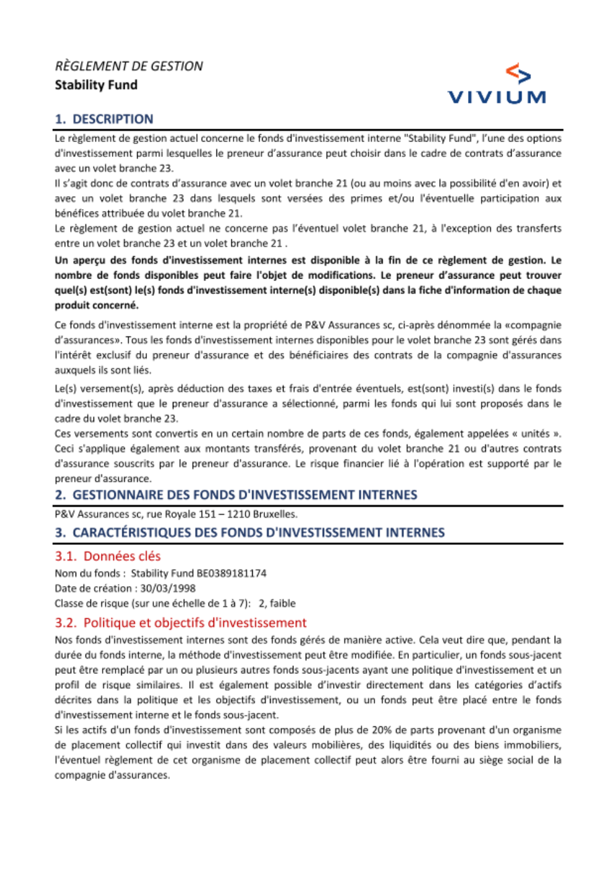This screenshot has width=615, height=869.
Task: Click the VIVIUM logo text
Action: (x=496, y=97)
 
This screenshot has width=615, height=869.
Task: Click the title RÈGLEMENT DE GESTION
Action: (x=129, y=66)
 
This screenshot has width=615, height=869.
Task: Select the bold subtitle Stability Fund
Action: (x=96, y=85)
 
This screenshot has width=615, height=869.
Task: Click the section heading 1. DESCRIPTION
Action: (x=104, y=119)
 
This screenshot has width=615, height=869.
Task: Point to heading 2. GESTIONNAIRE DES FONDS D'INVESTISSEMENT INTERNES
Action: (x=236, y=495)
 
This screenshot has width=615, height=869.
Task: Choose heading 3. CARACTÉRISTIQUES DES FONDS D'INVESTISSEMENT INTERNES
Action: (x=250, y=533)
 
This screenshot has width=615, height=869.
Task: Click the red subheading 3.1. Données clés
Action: (x=108, y=557)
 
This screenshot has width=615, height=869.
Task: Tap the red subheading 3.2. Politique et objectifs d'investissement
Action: (x=181, y=623)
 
